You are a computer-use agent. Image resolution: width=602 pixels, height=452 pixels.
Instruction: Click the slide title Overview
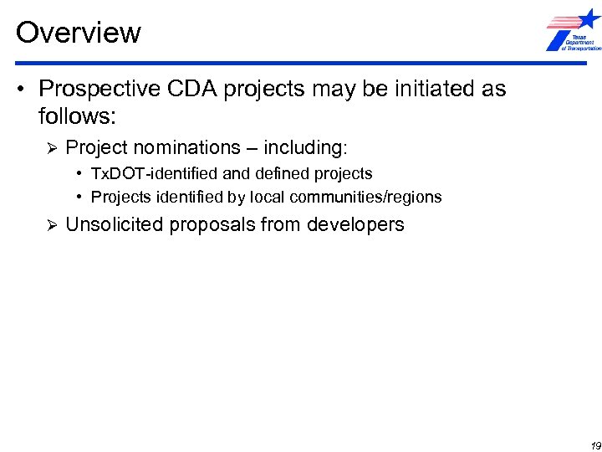(79, 33)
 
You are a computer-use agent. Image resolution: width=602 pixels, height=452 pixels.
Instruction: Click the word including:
(304, 148)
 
